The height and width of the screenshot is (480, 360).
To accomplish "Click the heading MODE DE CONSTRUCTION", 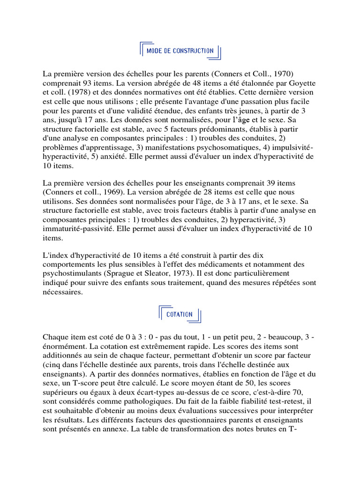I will [x=180, y=51].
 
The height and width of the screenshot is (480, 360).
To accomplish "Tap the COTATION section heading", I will [x=180, y=315].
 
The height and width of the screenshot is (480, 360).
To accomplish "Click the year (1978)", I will [x=65, y=92].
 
